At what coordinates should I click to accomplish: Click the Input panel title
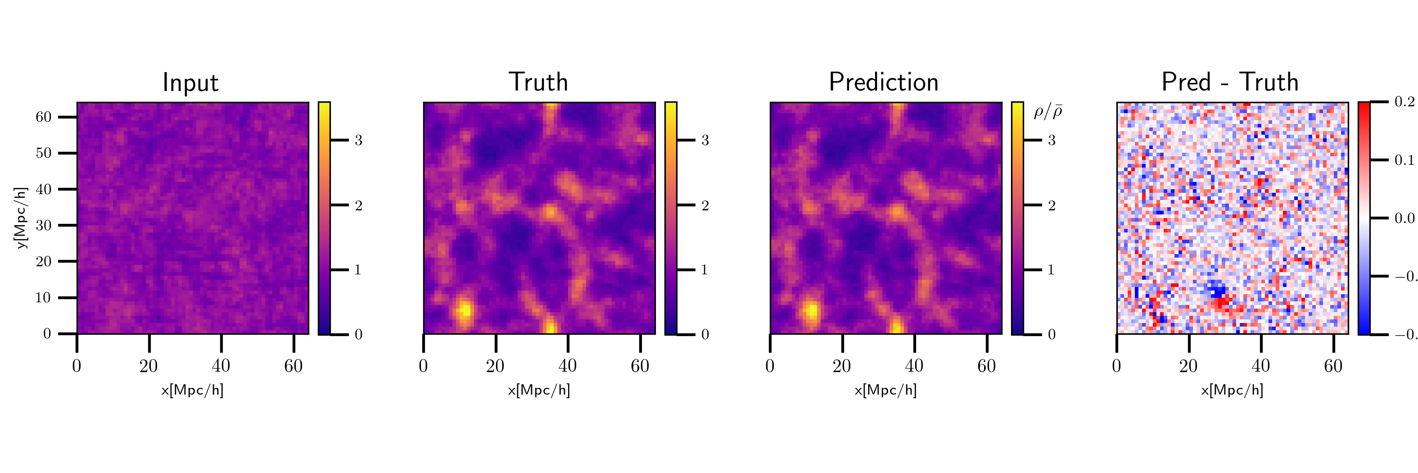pyautogui.click(x=190, y=82)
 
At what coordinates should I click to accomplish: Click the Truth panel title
pyautogui.click(x=538, y=82)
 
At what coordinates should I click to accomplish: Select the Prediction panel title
pyautogui.click(x=884, y=82)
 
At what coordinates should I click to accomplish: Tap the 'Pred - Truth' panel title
pyautogui.click(x=1230, y=82)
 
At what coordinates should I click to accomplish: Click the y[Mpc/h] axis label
pyautogui.click(x=21, y=218)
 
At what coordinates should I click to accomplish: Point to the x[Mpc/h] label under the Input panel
pyautogui.click(x=192, y=391)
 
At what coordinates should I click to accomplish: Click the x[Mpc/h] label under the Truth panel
pyautogui.click(x=539, y=391)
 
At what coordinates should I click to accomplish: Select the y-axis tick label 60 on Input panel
pyautogui.click(x=44, y=117)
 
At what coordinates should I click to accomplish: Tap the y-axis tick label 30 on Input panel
pyautogui.click(x=44, y=225)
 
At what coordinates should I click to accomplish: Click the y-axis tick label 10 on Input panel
pyautogui.click(x=44, y=298)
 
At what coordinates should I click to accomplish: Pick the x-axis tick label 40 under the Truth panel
pyautogui.click(x=568, y=366)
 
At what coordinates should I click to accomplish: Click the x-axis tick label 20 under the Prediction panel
pyautogui.click(x=842, y=366)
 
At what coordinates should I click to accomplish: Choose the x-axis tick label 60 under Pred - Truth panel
pyautogui.click(x=1332, y=366)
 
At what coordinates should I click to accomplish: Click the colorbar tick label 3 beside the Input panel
pyautogui.click(x=358, y=141)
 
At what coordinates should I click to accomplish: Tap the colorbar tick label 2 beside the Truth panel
pyautogui.click(x=704, y=206)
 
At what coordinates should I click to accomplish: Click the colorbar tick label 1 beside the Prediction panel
pyautogui.click(x=1051, y=270)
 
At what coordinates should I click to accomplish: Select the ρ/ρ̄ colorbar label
pyautogui.click(x=1048, y=112)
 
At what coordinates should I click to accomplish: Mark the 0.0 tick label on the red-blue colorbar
pyautogui.click(x=1404, y=218)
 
